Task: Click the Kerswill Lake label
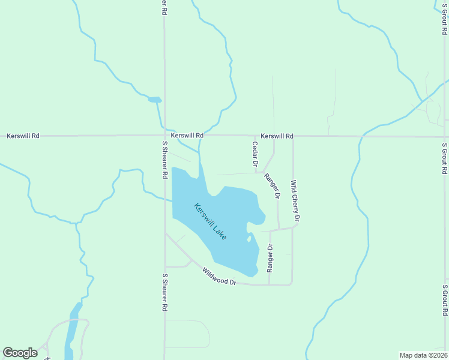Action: [210, 221]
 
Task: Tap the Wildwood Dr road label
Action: [219, 277]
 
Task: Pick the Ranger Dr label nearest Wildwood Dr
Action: [270, 256]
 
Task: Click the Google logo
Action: [20, 353]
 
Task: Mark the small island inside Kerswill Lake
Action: [249, 238]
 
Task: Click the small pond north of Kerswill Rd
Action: [155, 100]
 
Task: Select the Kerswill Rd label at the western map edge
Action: [23, 136]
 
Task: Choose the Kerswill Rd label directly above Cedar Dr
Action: [277, 136]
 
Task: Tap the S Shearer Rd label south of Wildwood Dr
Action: [164, 292]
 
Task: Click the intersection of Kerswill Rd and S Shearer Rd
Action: [164, 136]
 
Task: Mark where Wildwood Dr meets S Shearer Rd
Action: [165, 234]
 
